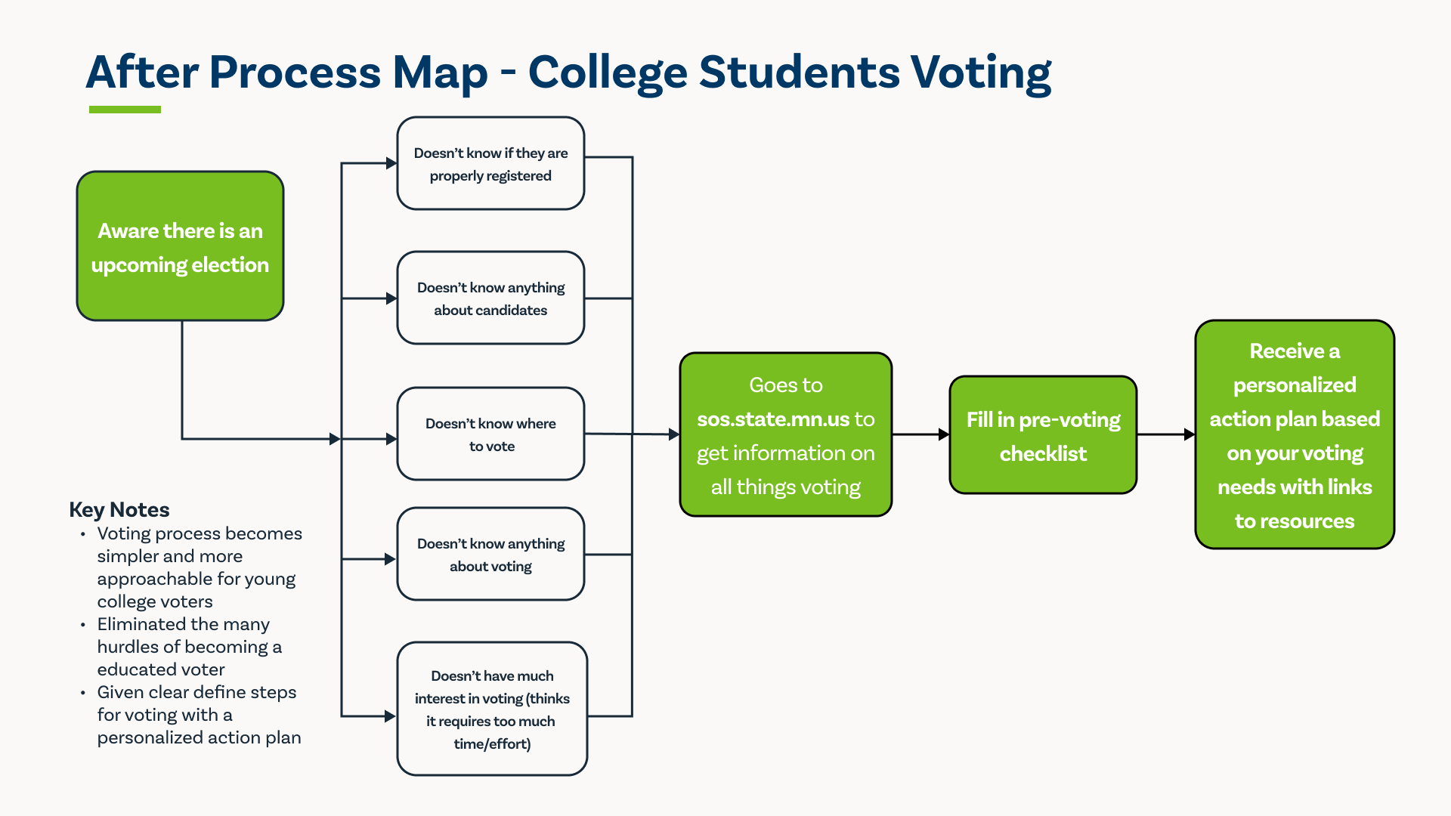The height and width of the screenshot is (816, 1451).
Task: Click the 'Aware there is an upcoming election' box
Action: coord(180,246)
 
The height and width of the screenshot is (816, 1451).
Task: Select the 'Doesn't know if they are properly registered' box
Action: coord(490,163)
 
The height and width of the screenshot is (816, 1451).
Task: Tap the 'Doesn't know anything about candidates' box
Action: coord(490,298)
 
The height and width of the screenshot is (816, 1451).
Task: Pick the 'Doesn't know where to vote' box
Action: coord(490,434)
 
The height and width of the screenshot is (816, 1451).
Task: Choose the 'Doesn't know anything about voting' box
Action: coord(490,554)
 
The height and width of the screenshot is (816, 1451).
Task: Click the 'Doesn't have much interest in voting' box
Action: coord(492,709)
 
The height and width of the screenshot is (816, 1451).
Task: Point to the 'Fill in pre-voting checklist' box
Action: coord(1043,435)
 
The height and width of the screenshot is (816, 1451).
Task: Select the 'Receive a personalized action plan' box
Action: coord(1295,434)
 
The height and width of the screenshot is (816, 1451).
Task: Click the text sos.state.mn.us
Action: coord(773,419)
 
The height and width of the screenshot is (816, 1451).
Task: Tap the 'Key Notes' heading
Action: coord(119,509)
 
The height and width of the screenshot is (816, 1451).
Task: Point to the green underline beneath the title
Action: coord(125,110)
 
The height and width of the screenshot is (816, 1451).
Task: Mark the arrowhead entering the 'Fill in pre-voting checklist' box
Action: coord(944,434)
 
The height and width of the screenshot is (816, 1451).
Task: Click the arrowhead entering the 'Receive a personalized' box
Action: coord(1190,434)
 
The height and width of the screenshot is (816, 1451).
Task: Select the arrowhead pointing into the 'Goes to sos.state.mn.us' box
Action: coord(674,434)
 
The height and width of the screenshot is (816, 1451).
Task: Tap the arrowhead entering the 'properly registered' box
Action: coord(391,163)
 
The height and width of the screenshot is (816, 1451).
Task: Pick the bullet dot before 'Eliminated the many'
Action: coord(83,625)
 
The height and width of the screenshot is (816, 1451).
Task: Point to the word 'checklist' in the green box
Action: coord(1043,453)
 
